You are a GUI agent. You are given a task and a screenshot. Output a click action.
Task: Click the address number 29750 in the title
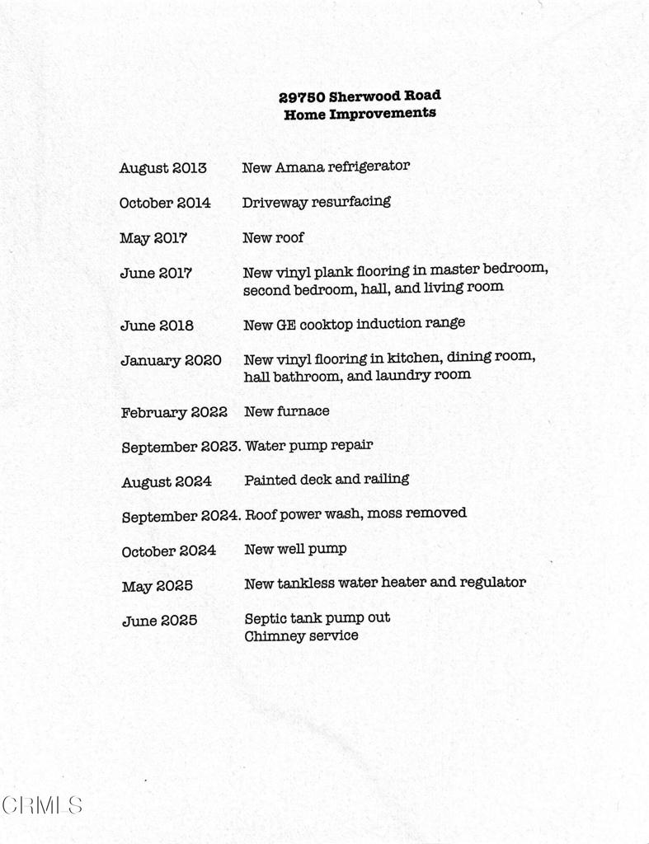(x=302, y=97)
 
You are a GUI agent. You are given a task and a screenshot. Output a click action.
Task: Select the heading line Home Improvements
(x=360, y=115)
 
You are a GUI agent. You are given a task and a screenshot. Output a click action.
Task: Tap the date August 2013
(x=162, y=168)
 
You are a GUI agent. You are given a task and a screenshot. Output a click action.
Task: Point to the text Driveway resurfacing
(x=316, y=202)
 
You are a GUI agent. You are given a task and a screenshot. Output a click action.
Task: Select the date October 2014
(x=164, y=203)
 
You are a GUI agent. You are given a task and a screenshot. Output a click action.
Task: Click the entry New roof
(x=273, y=237)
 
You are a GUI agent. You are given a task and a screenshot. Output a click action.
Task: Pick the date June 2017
(x=156, y=273)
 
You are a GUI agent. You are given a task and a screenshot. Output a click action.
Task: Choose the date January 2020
(x=171, y=360)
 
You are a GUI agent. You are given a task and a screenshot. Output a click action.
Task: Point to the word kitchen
(x=412, y=358)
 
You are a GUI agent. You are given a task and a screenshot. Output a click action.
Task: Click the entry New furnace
(x=286, y=410)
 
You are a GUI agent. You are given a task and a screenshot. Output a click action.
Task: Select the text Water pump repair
(x=308, y=445)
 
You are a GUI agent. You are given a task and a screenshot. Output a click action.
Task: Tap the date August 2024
(x=167, y=481)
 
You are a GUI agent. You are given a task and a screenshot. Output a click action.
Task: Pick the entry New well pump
(x=295, y=549)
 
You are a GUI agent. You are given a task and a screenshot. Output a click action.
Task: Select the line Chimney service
(x=301, y=635)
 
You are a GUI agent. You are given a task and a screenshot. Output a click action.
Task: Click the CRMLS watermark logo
(x=41, y=804)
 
